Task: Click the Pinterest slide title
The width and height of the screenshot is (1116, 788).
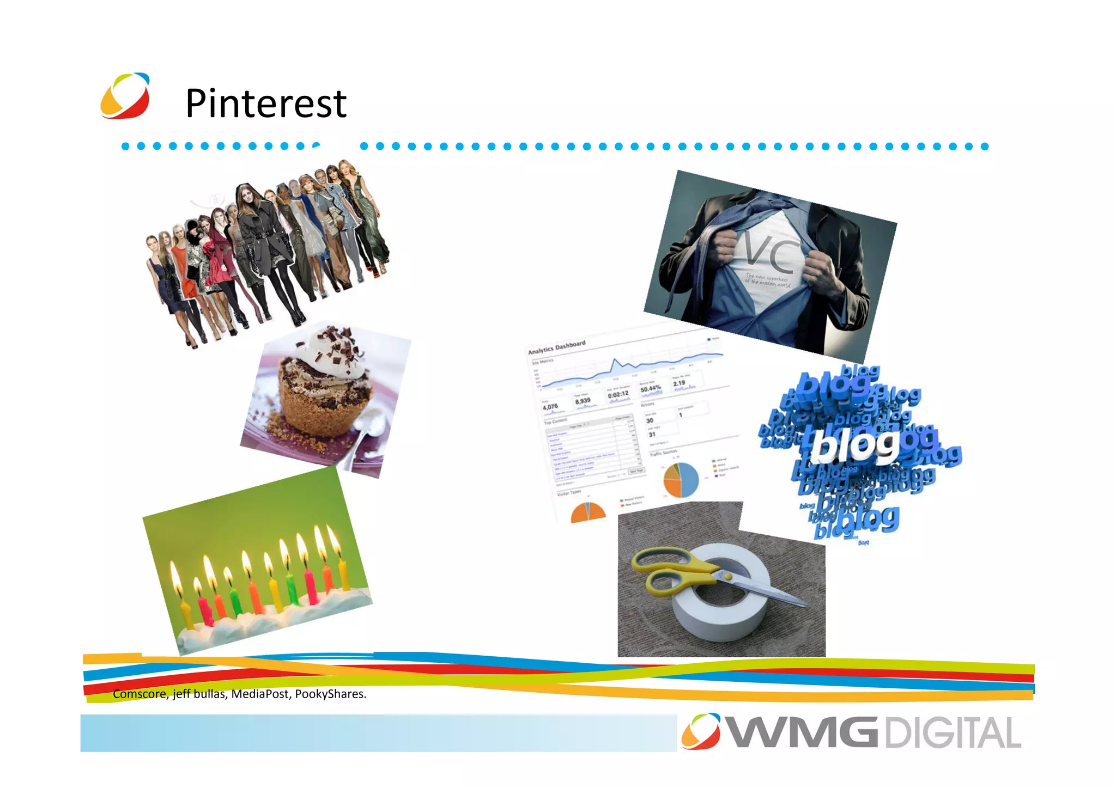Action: [x=266, y=103]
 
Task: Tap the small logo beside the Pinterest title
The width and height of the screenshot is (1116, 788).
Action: [x=125, y=96]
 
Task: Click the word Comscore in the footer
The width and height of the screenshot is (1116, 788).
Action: [x=139, y=694]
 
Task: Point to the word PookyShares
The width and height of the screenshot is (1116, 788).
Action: [x=330, y=694]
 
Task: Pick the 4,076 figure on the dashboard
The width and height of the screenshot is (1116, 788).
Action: [x=550, y=407]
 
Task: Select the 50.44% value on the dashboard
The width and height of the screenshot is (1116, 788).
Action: [x=651, y=389]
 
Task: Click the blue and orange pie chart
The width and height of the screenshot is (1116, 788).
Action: [x=681, y=480]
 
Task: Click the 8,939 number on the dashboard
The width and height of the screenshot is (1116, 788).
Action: [x=583, y=400]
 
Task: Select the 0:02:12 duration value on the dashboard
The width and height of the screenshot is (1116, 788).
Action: [x=618, y=394]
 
